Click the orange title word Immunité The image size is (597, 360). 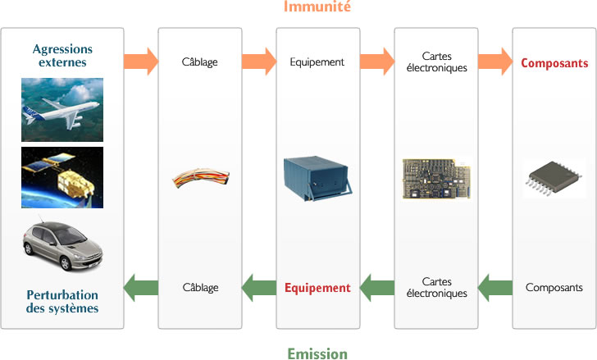pyautogui.click(x=317, y=7)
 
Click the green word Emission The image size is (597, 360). pyautogui.click(x=317, y=353)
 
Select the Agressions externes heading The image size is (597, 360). pyautogui.click(x=62, y=56)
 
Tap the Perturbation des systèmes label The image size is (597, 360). pyautogui.click(x=62, y=302)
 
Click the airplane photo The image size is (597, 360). pyautogui.click(x=62, y=110)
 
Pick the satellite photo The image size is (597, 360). pyautogui.click(x=62, y=177)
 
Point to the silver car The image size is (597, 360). pyautogui.click(x=62, y=244)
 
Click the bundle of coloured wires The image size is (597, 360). pyautogui.click(x=201, y=178)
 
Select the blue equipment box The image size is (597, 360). pyautogui.click(x=318, y=178)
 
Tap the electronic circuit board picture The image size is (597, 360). pyautogui.click(x=437, y=179)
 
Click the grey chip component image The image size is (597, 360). pyautogui.click(x=554, y=178)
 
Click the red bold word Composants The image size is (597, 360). pyautogui.click(x=554, y=63)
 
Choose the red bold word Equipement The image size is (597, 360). pyautogui.click(x=317, y=288)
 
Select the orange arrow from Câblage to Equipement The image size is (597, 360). pyautogui.click(x=259, y=62)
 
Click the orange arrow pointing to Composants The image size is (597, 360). pyautogui.click(x=495, y=62)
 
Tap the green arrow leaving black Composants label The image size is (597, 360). pyautogui.click(x=495, y=288)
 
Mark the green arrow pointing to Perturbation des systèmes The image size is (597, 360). pyautogui.click(x=141, y=288)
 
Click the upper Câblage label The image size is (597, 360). pyautogui.click(x=199, y=62)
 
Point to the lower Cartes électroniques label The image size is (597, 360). pyautogui.click(x=437, y=287)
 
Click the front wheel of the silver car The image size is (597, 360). pyautogui.click(x=66, y=263)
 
